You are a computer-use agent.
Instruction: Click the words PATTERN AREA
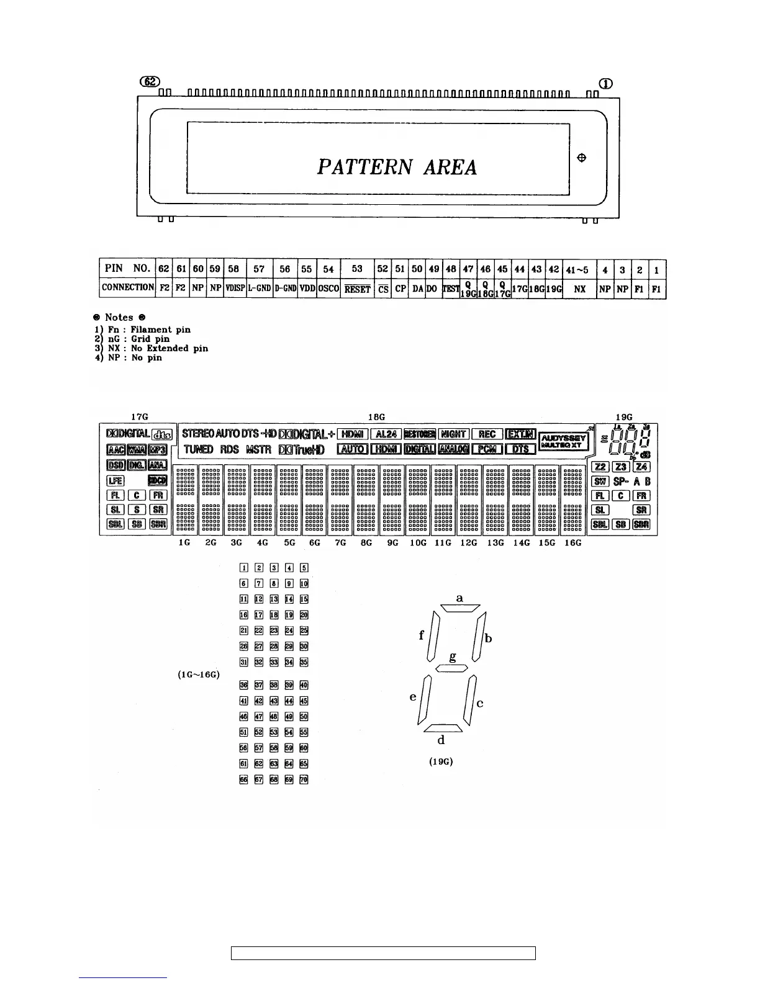tap(397, 167)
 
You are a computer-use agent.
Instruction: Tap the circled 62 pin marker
tap(150, 82)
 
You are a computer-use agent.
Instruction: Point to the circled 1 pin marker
tap(605, 84)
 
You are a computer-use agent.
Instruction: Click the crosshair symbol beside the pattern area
tap(582, 158)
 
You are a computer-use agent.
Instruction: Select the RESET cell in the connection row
tap(357, 289)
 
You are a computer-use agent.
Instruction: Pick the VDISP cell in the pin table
tap(235, 289)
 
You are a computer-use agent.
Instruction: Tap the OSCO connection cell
tap(328, 289)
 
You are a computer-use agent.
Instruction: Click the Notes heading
tap(117, 317)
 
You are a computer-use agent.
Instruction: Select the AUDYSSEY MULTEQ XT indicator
tap(563, 441)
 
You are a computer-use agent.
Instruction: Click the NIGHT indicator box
tap(454, 434)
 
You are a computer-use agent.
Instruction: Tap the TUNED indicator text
tap(198, 449)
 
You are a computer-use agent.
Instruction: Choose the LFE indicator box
tap(115, 480)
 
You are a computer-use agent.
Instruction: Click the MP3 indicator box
tap(158, 449)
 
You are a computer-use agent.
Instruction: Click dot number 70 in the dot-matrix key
tap(304, 779)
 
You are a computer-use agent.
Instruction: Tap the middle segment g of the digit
tap(451, 668)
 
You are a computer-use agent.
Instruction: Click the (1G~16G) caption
tap(199, 675)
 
